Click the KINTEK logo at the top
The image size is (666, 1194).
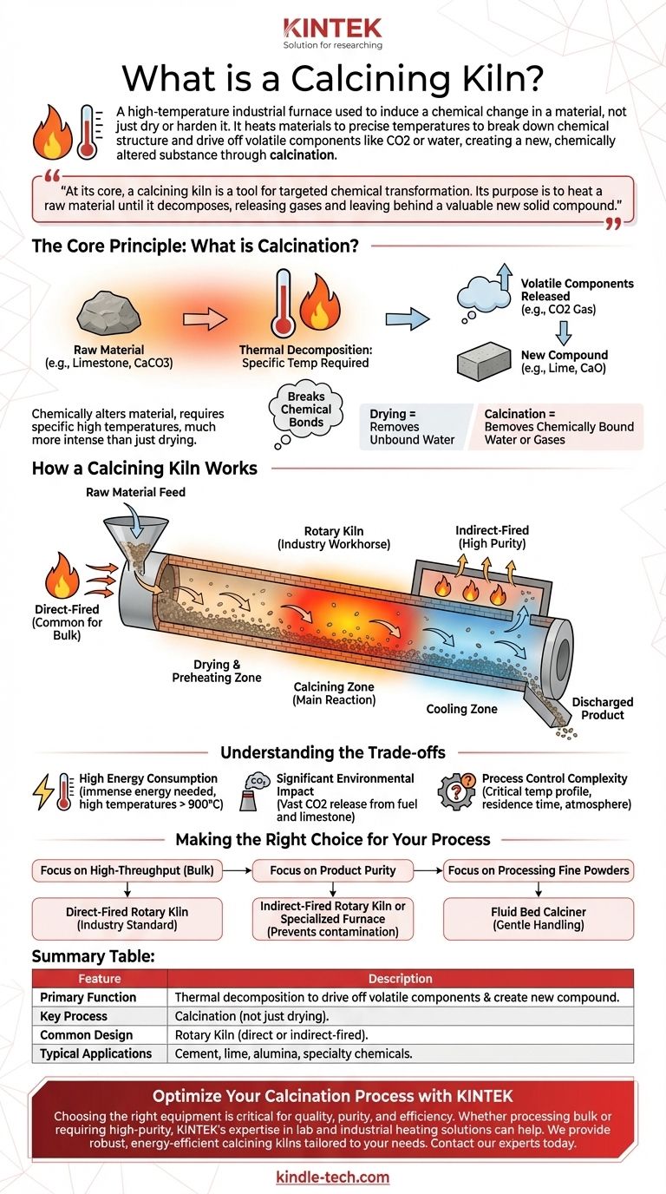click(x=332, y=27)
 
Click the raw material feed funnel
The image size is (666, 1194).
click(x=125, y=537)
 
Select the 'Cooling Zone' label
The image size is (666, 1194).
click(x=461, y=709)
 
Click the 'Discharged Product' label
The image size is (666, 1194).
click(x=602, y=708)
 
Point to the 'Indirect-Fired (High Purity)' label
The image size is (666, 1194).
click(x=492, y=536)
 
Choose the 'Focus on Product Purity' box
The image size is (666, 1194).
click(x=333, y=870)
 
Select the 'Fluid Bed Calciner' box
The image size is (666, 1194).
click(x=538, y=919)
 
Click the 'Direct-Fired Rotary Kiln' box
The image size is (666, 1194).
click(x=127, y=919)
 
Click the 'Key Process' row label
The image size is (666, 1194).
click(x=74, y=1016)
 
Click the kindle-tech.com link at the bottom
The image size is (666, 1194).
click(x=332, y=1178)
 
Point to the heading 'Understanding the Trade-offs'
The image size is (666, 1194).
click(x=332, y=752)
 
